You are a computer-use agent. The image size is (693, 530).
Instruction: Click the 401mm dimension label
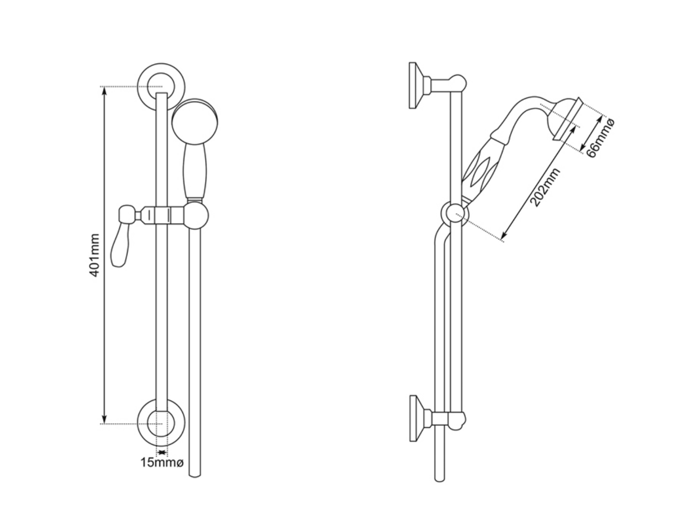(95, 255)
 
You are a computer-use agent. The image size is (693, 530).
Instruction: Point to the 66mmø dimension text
(601, 137)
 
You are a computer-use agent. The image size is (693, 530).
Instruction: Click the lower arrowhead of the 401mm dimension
(103, 420)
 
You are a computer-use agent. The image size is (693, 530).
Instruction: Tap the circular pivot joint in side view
(453, 213)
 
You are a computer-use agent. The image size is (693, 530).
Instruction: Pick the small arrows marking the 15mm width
(162, 452)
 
